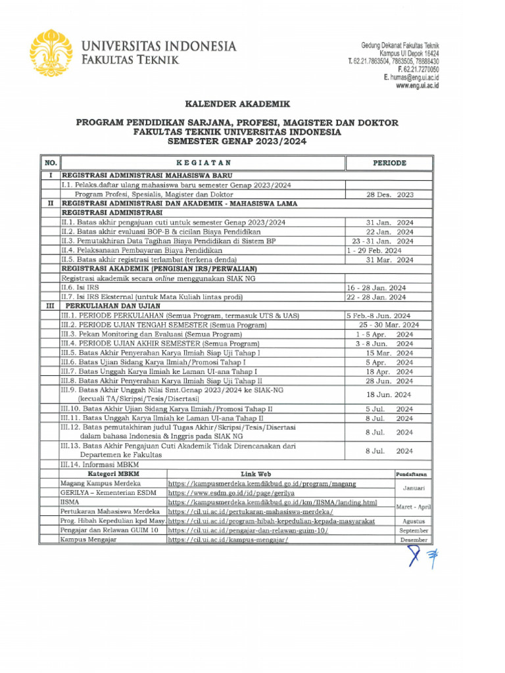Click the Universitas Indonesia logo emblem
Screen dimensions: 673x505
click(x=51, y=52)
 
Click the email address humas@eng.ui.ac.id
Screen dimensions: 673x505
click(x=412, y=78)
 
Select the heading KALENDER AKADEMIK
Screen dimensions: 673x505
click(x=236, y=104)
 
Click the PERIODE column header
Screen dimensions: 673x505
click(x=389, y=163)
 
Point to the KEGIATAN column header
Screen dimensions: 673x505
click(x=203, y=163)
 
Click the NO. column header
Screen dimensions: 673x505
click(x=50, y=163)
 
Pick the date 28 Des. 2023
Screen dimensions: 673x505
click(x=390, y=195)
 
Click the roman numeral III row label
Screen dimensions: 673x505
click(x=50, y=306)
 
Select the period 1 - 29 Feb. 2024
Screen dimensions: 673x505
click(x=374, y=250)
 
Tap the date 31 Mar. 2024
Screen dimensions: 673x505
click(x=390, y=260)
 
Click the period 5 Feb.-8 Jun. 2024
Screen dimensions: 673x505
click(x=379, y=315)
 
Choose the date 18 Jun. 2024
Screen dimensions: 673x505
click(x=390, y=394)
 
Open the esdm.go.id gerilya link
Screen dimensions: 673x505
click(x=231, y=492)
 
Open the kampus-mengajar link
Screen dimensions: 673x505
click(x=228, y=540)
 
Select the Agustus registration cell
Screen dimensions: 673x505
click(x=414, y=521)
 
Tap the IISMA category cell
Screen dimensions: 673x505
click(x=69, y=502)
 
